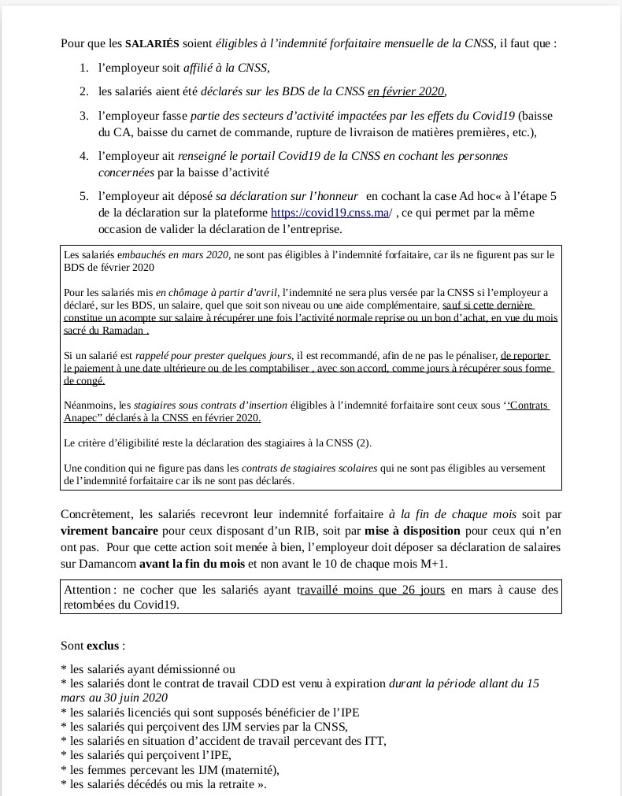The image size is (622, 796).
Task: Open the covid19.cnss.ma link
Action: tap(330, 213)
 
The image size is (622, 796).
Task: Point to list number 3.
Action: tap(83, 115)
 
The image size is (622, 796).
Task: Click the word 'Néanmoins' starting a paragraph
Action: tap(87, 405)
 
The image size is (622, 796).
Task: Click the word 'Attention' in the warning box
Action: tap(87, 590)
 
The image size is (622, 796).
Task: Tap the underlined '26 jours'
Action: tap(422, 590)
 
